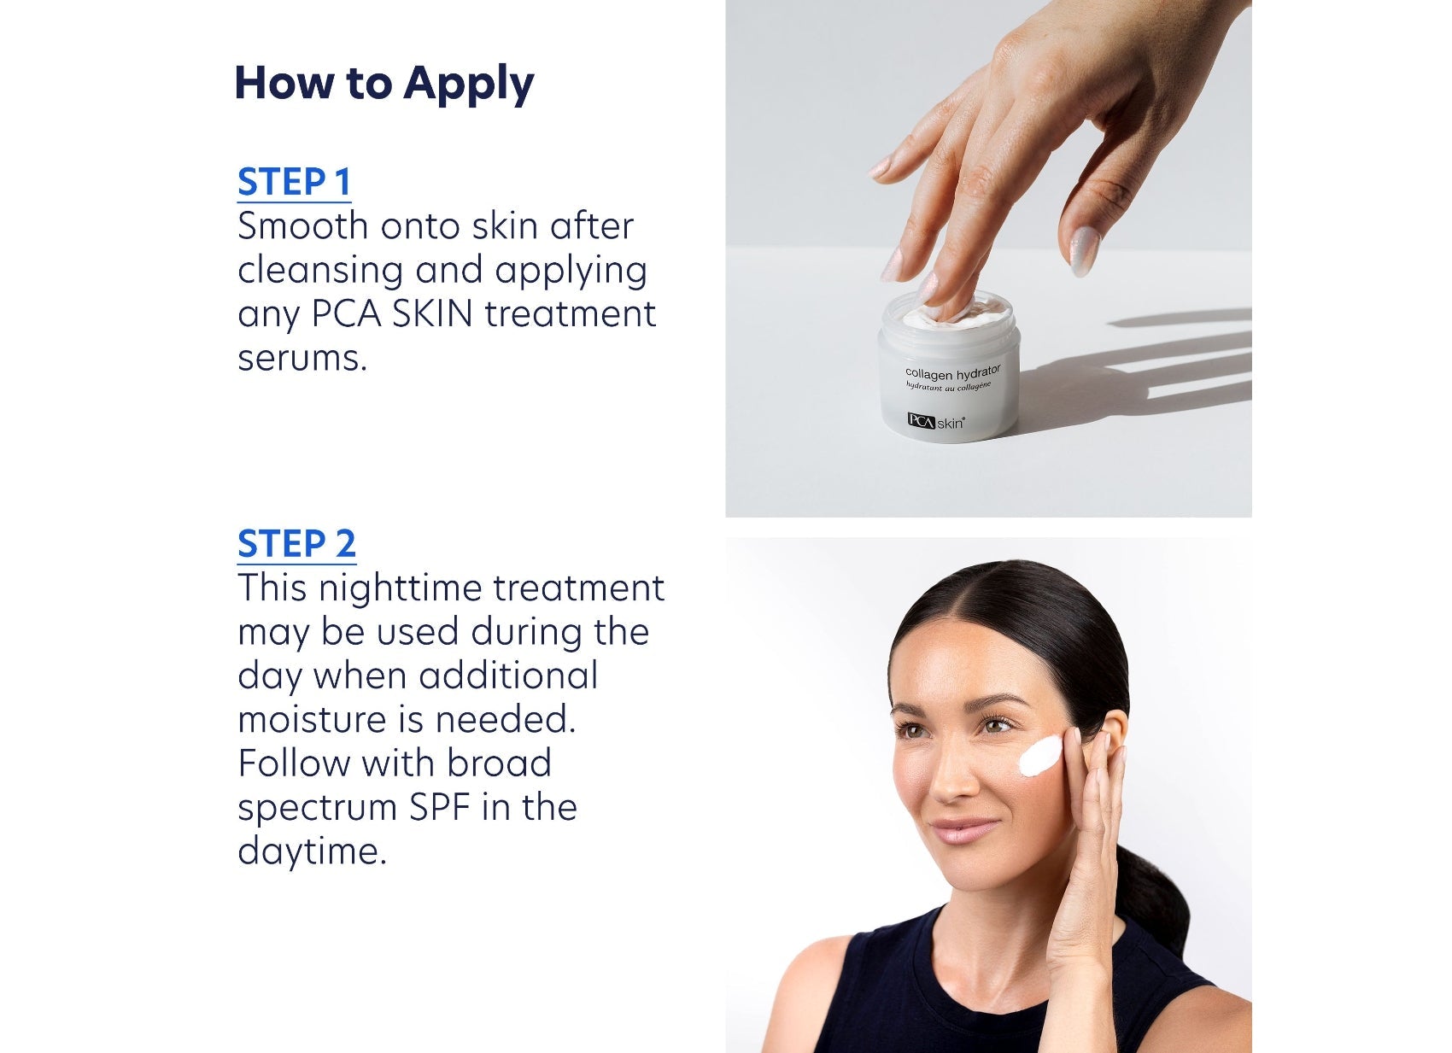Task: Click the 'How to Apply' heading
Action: [x=383, y=84]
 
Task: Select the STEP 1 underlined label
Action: [x=294, y=183]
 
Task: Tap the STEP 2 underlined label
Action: [x=296, y=544]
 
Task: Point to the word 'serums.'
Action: [x=302, y=359]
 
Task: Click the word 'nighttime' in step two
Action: [x=398, y=588]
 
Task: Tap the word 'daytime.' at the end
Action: [x=312, y=851]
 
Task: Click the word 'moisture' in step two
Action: [x=313, y=720]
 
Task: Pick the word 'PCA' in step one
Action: [x=346, y=314]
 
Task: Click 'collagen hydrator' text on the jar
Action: [x=951, y=373]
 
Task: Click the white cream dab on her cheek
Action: [x=1041, y=756]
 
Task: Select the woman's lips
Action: [x=963, y=829]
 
